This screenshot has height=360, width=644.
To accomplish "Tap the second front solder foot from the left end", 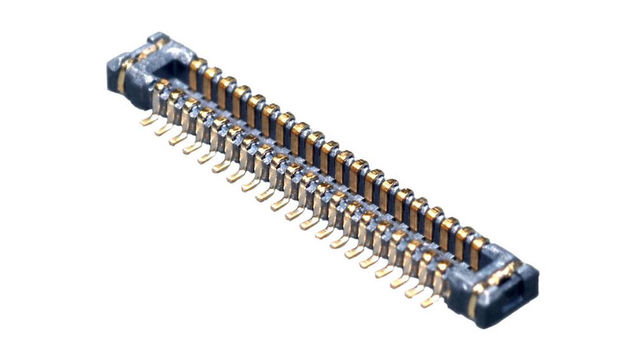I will [164, 130].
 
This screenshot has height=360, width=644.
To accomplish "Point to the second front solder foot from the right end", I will [415, 291].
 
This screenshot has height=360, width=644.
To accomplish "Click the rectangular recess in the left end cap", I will [170, 63].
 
